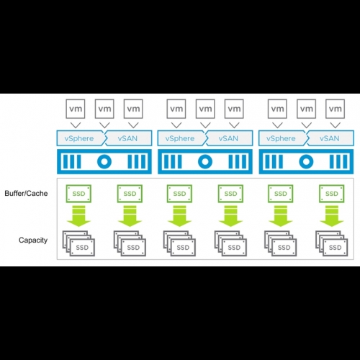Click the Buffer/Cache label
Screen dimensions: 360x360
point(26,194)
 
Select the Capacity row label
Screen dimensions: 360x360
point(33,240)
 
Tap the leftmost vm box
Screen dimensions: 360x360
point(76,109)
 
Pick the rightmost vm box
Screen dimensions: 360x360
point(336,109)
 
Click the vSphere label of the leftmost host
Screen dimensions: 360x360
point(79,138)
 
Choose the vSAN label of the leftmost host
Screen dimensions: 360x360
point(127,138)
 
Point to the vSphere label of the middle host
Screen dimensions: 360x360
point(180,138)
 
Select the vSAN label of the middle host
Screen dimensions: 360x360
point(228,138)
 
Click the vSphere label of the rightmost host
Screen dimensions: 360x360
point(281,138)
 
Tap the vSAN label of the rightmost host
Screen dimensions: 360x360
point(330,138)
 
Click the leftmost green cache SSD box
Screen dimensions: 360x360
point(78,194)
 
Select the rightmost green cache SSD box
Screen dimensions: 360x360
point(332,194)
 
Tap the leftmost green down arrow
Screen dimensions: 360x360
point(78,216)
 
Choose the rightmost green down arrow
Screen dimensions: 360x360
point(332,216)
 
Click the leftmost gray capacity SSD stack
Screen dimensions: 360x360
point(78,243)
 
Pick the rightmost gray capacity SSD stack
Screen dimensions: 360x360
point(332,243)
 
